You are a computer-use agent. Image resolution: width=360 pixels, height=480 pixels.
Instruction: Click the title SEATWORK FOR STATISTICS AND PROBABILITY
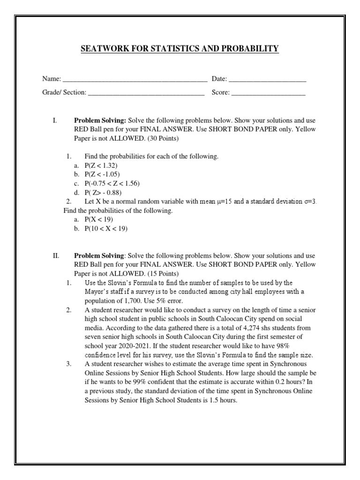(180, 49)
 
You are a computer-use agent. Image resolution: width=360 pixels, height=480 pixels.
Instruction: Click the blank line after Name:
(135, 81)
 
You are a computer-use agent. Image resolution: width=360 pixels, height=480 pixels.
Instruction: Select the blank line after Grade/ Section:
(146, 94)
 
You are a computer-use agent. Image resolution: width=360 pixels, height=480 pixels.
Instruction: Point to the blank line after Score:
(269, 94)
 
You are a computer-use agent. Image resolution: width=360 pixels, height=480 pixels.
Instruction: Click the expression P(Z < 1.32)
(101, 165)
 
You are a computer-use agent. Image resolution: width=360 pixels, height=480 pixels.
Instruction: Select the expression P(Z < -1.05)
(102, 174)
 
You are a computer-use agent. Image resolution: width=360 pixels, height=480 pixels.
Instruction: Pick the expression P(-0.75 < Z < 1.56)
(112, 183)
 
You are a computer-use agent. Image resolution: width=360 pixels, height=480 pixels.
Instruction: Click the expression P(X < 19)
(99, 219)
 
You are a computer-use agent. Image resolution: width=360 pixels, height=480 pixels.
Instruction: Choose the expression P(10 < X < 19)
(106, 228)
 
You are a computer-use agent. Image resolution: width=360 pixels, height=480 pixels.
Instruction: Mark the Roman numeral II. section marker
(56, 256)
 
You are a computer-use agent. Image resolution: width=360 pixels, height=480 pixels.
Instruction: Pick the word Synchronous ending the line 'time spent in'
(299, 363)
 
